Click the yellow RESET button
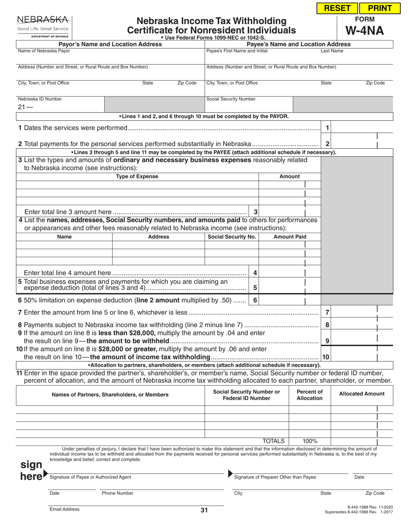click(x=337, y=8)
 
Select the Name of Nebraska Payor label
click(x=38, y=51)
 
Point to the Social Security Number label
click(x=231, y=99)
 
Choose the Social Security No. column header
click(x=232, y=237)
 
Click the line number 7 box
click(x=327, y=312)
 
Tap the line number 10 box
click(x=326, y=357)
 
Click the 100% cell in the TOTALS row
click(x=310, y=441)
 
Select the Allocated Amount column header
click(x=362, y=394)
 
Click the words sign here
click(x=32, y=471)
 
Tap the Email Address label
click(x=65, y=509)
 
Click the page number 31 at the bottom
click(x=204, y=511)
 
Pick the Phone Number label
click(x=118, y=493)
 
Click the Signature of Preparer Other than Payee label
click(x=275, y=477)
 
